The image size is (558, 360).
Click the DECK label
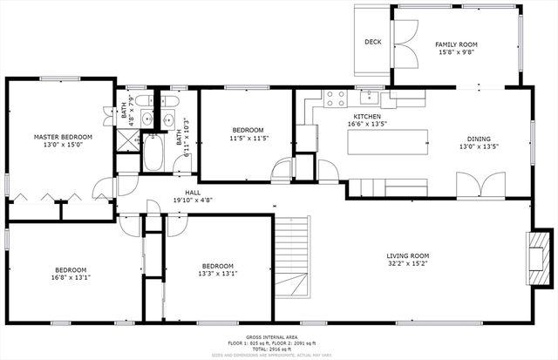pyautogui.click(x=373, y=42)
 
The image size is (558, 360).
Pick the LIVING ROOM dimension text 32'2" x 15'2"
pyautogui.click(x=408, y=266)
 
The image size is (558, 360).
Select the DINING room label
pyautogui.click(x=479, y=139)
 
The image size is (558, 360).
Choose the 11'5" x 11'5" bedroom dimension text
pyautogui.click(x=248, y=138)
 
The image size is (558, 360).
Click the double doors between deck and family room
pyautogui.click(x=402, y=42)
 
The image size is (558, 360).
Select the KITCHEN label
pyautogui.click(x=366, y=116)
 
